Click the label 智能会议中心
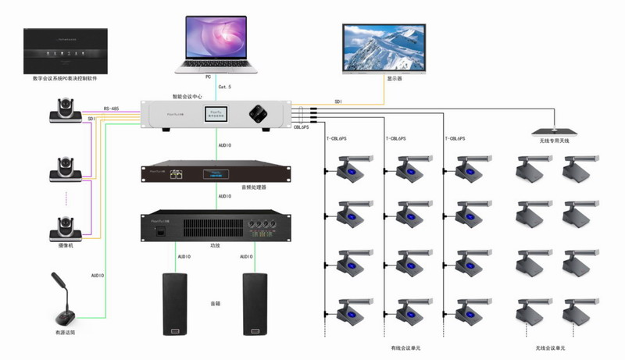tap(188, 97)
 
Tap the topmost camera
tap(66, 110)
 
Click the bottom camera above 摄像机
tap(66, 227)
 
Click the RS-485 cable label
tap(112, 109)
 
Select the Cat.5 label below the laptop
tap(223, 86)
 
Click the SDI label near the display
tap(338, 102)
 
